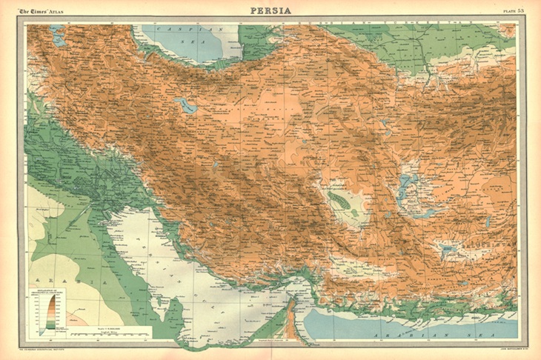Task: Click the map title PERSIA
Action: click(x=270, y=10)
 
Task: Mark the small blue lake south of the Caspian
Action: click(x=185, y=106)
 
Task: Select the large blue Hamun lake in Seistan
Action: click(x=404, y=185)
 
